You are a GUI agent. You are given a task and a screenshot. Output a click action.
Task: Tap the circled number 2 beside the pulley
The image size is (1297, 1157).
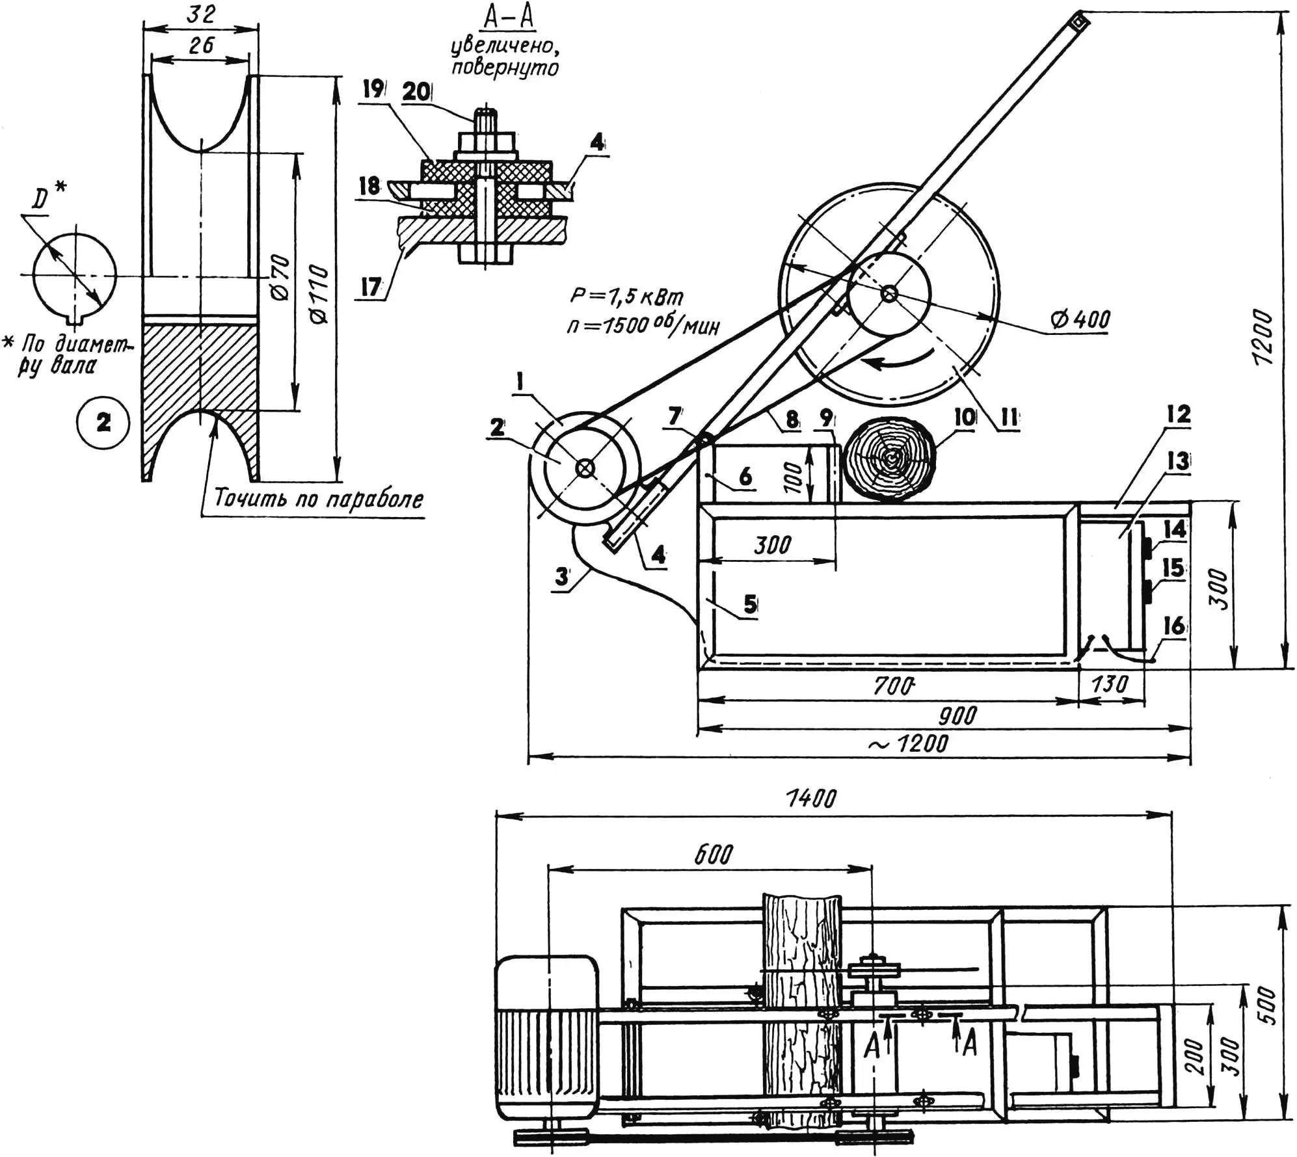point(103,423)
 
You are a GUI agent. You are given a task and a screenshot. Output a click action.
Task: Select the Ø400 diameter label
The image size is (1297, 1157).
point(1080,319)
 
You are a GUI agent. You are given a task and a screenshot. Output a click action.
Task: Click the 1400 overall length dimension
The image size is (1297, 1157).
point(811,798)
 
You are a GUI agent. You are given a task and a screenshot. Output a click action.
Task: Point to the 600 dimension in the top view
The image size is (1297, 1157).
point(713,854)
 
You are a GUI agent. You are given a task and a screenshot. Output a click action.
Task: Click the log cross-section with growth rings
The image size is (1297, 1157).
point(889,459)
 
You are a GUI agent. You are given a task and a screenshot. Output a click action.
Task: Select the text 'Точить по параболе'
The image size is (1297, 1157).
point(318,499)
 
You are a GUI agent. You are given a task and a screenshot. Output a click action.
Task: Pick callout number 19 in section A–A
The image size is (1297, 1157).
point(373,89)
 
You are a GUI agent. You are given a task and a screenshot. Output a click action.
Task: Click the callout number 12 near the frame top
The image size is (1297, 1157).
point(1179,414)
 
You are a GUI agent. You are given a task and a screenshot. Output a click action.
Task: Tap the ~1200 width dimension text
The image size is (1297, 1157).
point(909,743)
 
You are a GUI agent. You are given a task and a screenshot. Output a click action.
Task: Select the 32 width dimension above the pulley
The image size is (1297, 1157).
point(201,14)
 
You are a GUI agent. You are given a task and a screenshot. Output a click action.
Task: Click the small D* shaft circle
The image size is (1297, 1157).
point(75,275)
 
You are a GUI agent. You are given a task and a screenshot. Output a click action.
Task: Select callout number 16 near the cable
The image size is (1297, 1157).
point(1173,626)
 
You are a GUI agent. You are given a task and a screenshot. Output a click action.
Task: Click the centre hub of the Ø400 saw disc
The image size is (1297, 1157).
point(889,294)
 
